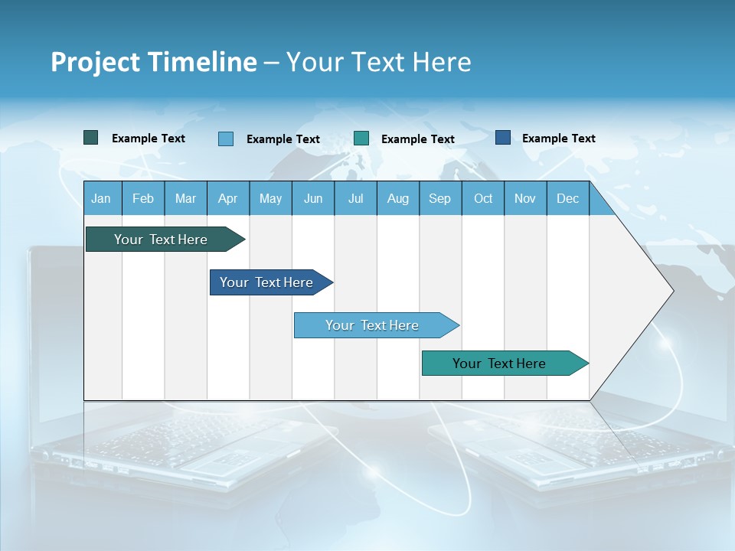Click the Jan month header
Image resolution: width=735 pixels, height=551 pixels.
pos(101,199)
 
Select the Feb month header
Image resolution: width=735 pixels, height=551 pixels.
pos(143,199)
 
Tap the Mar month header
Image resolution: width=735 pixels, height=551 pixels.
pos(185,199)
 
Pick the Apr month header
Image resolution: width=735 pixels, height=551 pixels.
pos(228,199)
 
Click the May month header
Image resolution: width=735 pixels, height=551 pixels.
pos(270,199)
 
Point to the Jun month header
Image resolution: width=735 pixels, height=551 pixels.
pos(313,199)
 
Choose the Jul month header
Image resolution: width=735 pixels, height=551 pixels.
pos(355,199)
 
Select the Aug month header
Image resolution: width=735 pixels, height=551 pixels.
pos(398,199)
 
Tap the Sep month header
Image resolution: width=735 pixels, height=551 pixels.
pos(440,199)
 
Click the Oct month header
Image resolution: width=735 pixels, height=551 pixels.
pos(483,199)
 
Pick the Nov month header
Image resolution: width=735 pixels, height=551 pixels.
pos(525,199)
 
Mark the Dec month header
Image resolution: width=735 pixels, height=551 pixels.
pos(568,199)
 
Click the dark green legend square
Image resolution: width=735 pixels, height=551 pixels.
pos(91,138)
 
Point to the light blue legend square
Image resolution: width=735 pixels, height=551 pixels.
pos(226,139)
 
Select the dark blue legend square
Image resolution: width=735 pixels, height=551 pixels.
pos(503,138)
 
